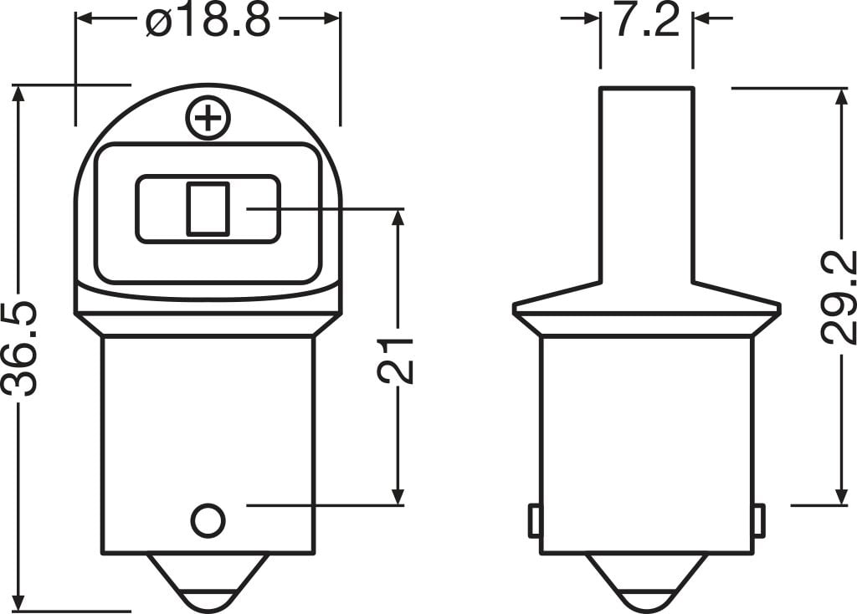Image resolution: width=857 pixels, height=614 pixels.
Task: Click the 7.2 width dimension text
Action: [x=645, y=20]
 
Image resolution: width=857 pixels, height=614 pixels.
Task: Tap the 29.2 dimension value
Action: [x=837, y=298]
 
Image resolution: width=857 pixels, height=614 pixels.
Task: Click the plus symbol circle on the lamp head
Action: [x=208, y=119]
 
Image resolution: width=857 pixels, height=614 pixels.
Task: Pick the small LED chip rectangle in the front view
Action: [x=207, y=207]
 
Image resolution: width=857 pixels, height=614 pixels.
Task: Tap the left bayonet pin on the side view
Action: [x=533, y=521]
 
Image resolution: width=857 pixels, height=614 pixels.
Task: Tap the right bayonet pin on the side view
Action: [x=758, y=521]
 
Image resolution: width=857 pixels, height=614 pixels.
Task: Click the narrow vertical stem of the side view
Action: [x=645, y=184]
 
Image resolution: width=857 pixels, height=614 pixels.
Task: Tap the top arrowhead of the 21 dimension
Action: [x=398, y=219]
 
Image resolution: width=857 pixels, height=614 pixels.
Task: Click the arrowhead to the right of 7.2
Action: [x=702, y=18]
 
